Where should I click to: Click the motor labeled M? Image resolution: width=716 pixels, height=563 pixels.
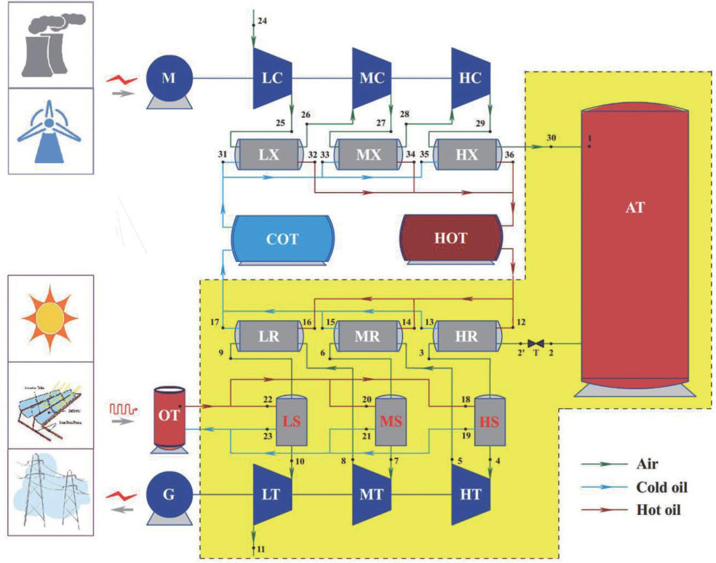coord(168,78)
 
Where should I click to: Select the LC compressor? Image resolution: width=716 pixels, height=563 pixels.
coord(271,77)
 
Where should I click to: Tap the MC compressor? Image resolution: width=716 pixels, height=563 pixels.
coord(371,77)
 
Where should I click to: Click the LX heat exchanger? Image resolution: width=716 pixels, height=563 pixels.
coord(268,155)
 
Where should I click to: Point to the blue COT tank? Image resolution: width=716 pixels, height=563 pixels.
coord(282,239)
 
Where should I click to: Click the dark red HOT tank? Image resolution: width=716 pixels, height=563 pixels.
coord(451,239)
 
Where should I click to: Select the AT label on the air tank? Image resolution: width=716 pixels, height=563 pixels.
coord(634,207)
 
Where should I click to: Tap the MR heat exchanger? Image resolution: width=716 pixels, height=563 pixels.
coord(367,336)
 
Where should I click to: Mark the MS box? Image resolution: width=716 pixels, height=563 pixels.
coord(391,421)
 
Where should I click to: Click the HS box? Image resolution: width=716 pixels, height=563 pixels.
coord(490,421)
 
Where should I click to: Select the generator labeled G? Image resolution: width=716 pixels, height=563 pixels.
coord(169,495)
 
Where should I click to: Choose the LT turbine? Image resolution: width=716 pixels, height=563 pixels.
coord(271,495)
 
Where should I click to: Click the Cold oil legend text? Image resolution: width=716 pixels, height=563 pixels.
coord(661,487)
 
